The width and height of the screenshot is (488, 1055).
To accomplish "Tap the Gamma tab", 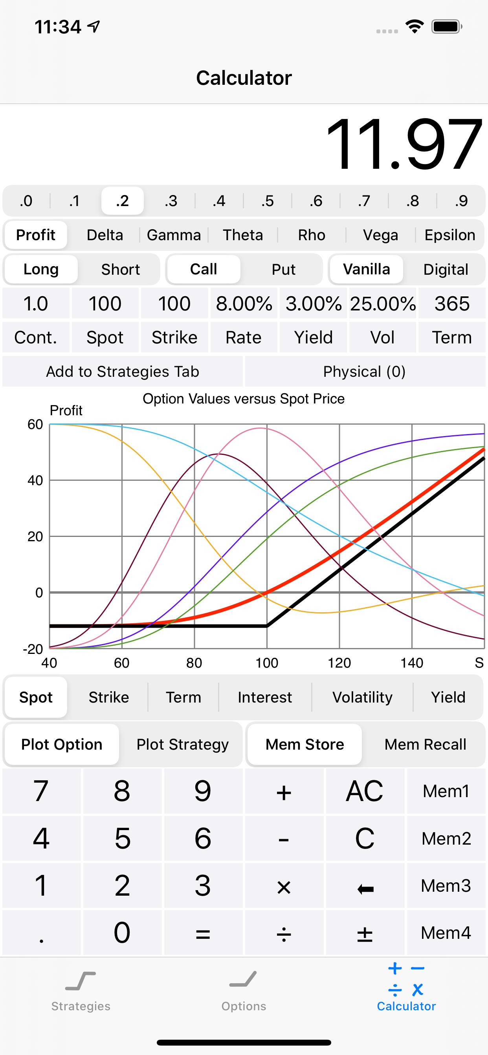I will coord(174,235).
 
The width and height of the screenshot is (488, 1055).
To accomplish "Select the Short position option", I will coord(120,270).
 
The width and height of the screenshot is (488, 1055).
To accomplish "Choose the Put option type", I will coord(283,270).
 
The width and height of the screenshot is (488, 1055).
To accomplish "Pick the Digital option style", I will coord(445,270).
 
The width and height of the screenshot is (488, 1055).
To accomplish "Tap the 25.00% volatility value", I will coord(383,304).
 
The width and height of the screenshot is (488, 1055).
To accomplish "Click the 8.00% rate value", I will coord(244,304).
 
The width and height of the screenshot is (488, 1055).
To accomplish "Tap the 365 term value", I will coord(452,304).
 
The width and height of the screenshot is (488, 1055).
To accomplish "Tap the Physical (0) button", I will coord(365,371).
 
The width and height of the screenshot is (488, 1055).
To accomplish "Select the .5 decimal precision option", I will coord(267,201).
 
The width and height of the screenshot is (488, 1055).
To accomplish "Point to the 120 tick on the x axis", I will coord(339,663).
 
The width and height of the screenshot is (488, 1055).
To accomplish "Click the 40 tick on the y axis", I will coord(35,480).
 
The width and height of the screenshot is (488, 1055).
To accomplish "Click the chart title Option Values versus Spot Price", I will coord(244,398).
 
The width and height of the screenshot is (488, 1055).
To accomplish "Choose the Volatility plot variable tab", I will coord(362,697).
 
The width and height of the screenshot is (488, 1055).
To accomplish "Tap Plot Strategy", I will coord(182,744).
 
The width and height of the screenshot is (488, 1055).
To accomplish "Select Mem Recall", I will coord(425,744).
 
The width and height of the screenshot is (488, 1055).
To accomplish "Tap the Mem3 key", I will coord(446,885).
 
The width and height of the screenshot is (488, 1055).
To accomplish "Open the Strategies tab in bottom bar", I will coord(81,990).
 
